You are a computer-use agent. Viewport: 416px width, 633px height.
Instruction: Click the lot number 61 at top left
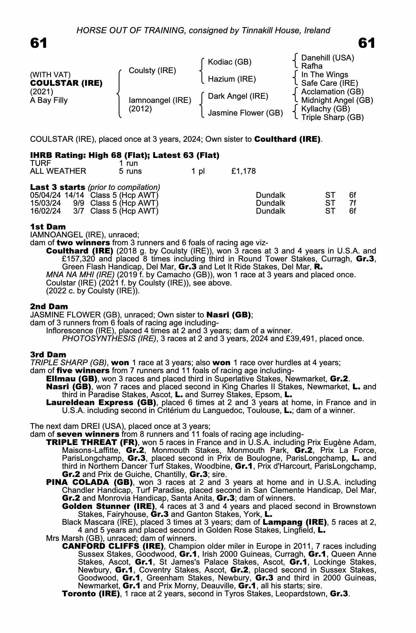[39, 43]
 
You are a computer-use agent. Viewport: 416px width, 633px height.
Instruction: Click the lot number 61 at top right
[367, 43]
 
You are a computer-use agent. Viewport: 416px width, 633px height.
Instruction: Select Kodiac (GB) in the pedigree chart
[229, 62]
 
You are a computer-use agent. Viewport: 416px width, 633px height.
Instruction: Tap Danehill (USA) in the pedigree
[327, 58]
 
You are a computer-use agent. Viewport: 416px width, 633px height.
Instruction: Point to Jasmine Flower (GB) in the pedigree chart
[245, 113]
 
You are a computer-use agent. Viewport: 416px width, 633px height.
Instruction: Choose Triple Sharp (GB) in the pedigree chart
[332, 117]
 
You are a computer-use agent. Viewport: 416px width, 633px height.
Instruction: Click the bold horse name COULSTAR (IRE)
[66, 83]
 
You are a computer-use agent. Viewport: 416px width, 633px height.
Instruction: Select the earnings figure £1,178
[243, 171]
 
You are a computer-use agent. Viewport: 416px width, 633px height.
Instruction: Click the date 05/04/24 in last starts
[46, 195]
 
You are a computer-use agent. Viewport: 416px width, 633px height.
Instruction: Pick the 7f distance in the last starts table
[352, 203]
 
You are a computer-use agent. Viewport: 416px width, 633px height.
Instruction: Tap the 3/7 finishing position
[78, 211]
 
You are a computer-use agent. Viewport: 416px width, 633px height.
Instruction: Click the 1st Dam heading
[48, 227]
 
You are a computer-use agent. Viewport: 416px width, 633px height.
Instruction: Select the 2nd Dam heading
[49, 306]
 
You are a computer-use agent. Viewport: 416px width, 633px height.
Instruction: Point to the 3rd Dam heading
[48, 354]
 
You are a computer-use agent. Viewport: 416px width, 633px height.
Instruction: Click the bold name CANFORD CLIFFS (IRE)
[113, 546]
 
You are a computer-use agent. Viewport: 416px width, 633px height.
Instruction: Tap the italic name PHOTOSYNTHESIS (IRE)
[109, 339]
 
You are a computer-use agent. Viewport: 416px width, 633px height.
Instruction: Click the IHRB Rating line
[125, 155]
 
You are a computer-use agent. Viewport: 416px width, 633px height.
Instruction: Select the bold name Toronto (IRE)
[91, 593]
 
